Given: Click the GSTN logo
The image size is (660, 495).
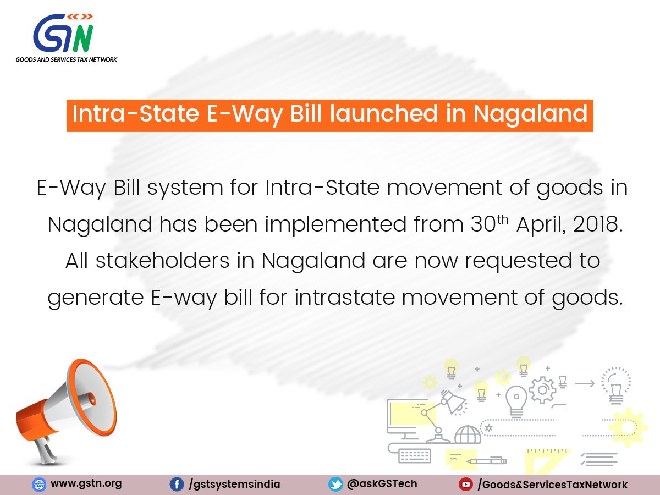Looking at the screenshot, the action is (63, 33).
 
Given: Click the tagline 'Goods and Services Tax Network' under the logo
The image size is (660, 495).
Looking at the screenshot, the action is (67, 59).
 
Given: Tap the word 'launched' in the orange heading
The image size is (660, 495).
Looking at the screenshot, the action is (384, 114).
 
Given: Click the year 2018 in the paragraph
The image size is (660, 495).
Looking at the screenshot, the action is (597, 224).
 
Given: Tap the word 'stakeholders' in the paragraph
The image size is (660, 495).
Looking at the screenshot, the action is (163, 260).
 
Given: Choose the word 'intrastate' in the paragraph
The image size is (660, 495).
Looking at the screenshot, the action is (345, 297).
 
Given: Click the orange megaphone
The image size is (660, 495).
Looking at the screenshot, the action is (66, 412).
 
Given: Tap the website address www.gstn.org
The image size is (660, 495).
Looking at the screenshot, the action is (86, 483).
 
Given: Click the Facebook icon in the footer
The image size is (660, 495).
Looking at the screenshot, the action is (177, 485).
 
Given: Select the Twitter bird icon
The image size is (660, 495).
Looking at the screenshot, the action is (335, 485).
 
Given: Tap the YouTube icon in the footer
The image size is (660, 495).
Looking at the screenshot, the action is (466, 485).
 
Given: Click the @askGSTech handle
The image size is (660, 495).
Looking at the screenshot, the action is (382, 484).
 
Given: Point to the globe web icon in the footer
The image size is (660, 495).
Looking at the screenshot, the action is (39, 485).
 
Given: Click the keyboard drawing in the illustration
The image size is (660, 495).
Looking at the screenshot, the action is (415, 456).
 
